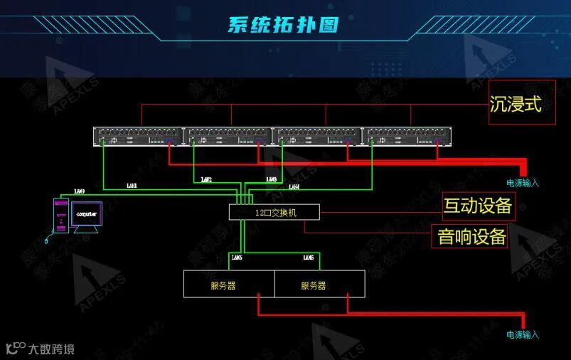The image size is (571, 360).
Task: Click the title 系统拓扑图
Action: click(x=283, y=25)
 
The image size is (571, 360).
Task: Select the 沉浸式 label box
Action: click(x=516, y=105)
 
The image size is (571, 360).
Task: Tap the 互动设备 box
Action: click(x=478, y=206)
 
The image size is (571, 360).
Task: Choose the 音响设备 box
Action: click(x=471, y=236)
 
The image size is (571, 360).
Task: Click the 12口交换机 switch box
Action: click(x=274, y=212)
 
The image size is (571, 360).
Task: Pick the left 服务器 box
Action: click(x=229, y=285)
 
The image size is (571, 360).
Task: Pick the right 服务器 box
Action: click(x=320, y=285)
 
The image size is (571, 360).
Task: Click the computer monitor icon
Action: click(x=86, y=216)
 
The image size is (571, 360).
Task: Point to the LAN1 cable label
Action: click(x=132, y=186)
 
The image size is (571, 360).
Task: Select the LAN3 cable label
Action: click(x=271, y=179)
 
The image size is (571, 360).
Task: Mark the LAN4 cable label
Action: click(x=294, y=186)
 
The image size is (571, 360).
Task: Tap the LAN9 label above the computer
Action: click(x=79, y=192)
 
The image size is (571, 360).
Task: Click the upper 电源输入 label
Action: click(x=523, y=183)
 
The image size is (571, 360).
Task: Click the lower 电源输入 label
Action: click(x=523, y=334)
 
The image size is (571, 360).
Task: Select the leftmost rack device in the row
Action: click(x=138, y=136)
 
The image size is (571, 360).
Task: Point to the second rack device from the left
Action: click(x=228, y=136)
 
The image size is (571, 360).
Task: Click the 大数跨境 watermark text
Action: click(x=50, y=349)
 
